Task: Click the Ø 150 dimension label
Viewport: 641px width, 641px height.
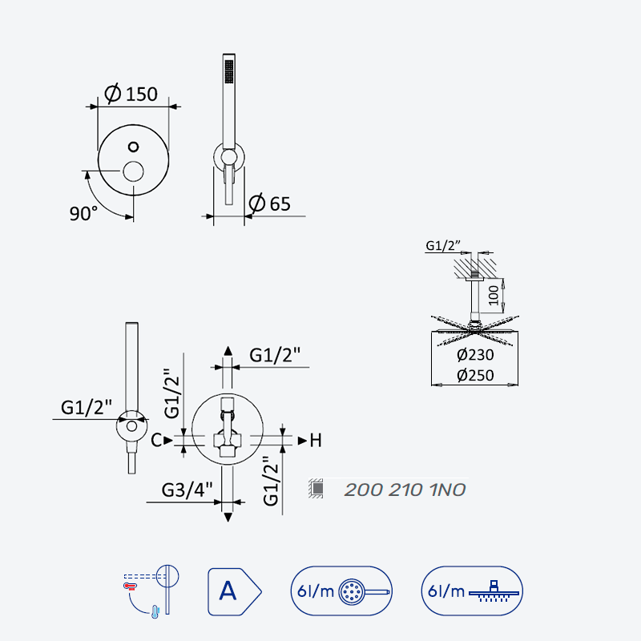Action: pyautogui.click(x=131, y=94)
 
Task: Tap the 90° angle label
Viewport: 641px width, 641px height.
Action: pyautogui.click(x=83, y=213)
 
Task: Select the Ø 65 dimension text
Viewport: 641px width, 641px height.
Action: pyautogui.click(x=269, y=204)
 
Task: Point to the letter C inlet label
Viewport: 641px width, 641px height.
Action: pyautogui.click(x=156, y=440)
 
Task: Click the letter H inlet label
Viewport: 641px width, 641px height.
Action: pyautogui.click(x=316, y=441)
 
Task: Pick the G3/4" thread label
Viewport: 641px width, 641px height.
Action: pyautogui.click(x=187, y=490)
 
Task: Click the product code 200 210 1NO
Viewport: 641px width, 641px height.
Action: pyautogui.click(x=405, y=490)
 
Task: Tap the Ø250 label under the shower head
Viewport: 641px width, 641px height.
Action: pyautogui.click(x=475, y=375)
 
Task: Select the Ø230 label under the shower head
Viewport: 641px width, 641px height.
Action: pyautogui.click(x=475, y=355)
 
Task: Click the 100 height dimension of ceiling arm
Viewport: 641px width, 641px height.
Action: pyautogui.click(x=494, y=295)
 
